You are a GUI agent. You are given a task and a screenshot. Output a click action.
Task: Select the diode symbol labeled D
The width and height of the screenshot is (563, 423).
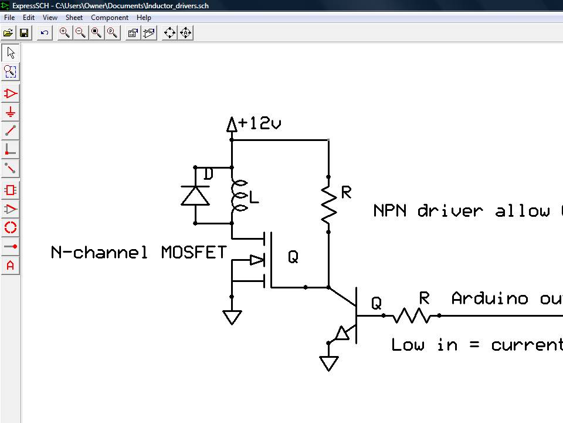[x=195, y=194]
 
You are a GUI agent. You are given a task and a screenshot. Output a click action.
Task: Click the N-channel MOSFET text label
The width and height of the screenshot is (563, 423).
[x=138, y=253]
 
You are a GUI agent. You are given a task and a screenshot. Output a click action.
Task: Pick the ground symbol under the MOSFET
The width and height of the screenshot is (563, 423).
[x=232, y=317]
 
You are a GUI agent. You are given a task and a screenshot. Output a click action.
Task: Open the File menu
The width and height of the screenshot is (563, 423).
[x=9, y=18]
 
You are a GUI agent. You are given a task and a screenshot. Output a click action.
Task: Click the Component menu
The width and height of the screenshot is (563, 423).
[x=110, y=18]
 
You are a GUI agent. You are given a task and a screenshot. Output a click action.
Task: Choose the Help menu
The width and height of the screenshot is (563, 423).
[x=144, y=18]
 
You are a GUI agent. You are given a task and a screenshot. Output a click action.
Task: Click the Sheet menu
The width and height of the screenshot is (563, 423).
[x=74, y=18]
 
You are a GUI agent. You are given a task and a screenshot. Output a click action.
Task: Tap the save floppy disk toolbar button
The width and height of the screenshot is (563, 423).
[x=24, y=33]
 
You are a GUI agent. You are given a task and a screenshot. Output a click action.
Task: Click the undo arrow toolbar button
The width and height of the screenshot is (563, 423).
[x=44, y=33]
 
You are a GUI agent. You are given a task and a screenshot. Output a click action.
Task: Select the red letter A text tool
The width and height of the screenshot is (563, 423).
[x=11, y=266]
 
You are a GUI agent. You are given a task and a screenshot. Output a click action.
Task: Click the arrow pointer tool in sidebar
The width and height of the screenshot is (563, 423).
[x=11, y=53]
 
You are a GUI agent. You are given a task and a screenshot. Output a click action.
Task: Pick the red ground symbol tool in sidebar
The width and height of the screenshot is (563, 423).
[x=11, y=112]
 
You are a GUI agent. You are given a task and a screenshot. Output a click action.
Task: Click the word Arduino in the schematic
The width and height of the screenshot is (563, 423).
[x=490, y=298]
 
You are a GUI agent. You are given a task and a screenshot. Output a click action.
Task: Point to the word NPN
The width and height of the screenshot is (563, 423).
[x=389, y=210]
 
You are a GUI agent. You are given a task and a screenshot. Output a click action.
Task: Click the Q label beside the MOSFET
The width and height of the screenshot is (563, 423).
[x=293, y=257]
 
